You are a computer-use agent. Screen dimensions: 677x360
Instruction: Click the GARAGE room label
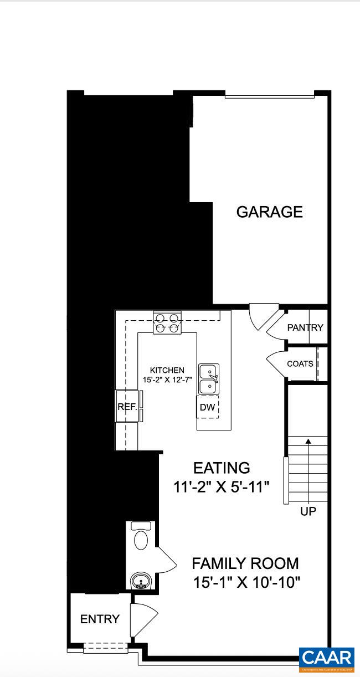269,212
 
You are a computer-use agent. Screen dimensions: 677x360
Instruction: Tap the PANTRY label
305,327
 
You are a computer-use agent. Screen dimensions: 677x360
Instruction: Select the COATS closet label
300,364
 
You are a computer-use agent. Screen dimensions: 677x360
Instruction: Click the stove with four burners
167,323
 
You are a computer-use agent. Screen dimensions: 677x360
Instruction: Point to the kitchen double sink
208,378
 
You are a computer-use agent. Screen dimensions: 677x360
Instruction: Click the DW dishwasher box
208,407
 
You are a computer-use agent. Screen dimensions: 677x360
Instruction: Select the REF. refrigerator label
126,407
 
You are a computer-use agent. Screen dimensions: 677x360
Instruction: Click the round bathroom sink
140,582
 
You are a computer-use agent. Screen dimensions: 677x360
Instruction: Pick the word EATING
222,468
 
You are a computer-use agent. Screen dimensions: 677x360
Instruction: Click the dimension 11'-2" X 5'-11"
221,487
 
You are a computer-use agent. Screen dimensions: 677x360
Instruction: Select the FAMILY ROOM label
245,563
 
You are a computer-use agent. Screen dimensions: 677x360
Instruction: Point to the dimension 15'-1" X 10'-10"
246,583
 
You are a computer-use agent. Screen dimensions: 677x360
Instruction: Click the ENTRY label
100,619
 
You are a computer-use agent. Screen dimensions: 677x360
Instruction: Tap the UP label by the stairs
308,511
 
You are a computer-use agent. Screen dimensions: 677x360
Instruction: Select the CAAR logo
327,659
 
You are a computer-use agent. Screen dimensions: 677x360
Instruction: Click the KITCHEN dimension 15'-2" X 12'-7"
167,380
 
